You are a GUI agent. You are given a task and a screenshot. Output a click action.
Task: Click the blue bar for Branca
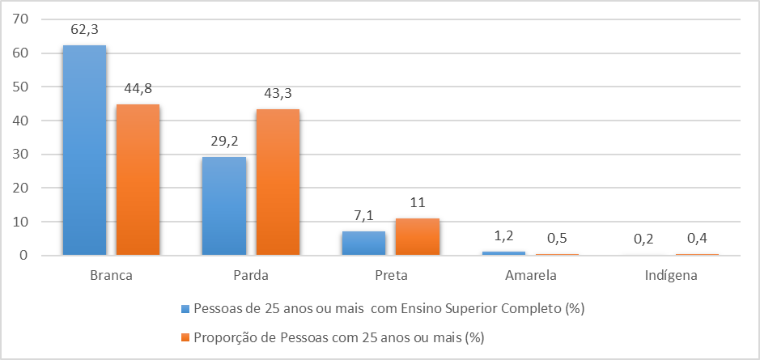tap(84, 150)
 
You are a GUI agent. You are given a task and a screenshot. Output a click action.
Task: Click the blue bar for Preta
tap(363, 244)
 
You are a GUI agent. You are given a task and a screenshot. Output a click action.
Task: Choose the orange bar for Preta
tap(417, 237)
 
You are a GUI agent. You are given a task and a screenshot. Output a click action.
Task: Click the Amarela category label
tap(530, 275)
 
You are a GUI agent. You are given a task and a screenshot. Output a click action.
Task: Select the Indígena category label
tap(670, 275)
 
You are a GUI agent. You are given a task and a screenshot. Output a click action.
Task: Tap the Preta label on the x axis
tap(390, 275)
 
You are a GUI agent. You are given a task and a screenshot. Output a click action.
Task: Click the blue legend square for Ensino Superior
tap(185, 308)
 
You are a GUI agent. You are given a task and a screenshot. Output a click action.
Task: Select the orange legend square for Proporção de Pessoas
tap(185, 336)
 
